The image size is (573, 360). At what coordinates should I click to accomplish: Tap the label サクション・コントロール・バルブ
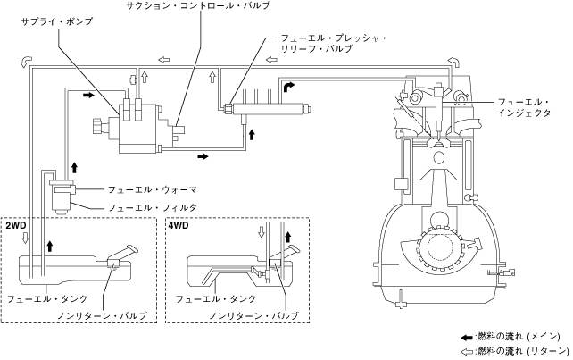(x=197, y=6)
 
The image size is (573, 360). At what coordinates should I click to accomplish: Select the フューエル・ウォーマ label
(x=152, y=189)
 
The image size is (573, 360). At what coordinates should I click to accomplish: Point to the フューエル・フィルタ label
(x=152, y=207)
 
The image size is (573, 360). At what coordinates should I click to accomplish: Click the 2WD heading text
(x=16, y=225)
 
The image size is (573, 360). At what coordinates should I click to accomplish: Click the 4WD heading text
(x=179, y=225)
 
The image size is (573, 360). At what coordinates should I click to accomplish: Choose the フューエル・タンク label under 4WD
(x=213, y=297)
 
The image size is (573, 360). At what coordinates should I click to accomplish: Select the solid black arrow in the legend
(x=465, y=336)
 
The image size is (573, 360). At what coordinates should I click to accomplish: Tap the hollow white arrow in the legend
(x=465, y=351)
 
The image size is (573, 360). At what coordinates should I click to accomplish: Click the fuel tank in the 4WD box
(x=223, y=268)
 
